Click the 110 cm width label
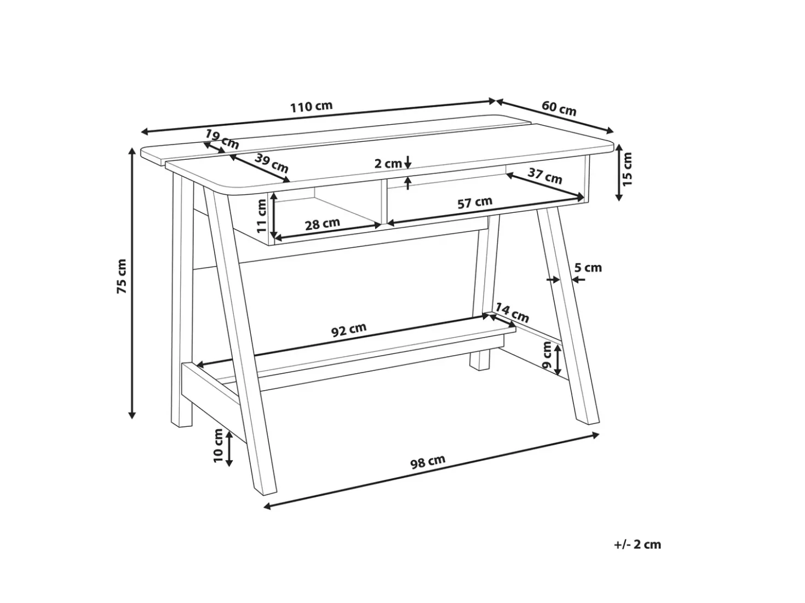coord(312,107)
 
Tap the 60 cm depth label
coord(559,108)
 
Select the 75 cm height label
coord(121,276)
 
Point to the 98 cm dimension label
coord(428,462)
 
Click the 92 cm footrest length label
coord(349,330)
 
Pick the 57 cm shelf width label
coord(475,202)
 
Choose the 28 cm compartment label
coord(323,224)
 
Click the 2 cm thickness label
coord(388,164)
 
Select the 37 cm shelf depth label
coord(545,176)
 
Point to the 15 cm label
coord(628,169)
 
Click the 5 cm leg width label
coord(588,268)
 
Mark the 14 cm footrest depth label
coord(512,312)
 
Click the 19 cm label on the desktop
coord(222,139)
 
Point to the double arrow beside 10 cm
coord(229,449)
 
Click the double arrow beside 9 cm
coord(557,360)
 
